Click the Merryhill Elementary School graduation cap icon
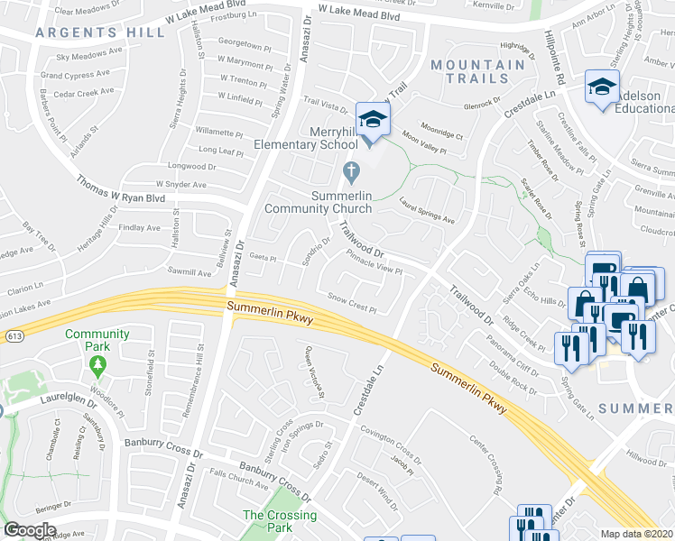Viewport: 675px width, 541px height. click(371, 118)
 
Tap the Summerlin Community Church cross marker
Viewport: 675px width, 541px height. click(353, 170)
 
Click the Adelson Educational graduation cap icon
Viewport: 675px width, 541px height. click(597, 87)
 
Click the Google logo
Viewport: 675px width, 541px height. click(29, 530)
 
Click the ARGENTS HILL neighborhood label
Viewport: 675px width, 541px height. click(100, 32)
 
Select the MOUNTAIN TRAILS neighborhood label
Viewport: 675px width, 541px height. click(477, 71)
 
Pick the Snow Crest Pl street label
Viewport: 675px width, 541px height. click(350, 302)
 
